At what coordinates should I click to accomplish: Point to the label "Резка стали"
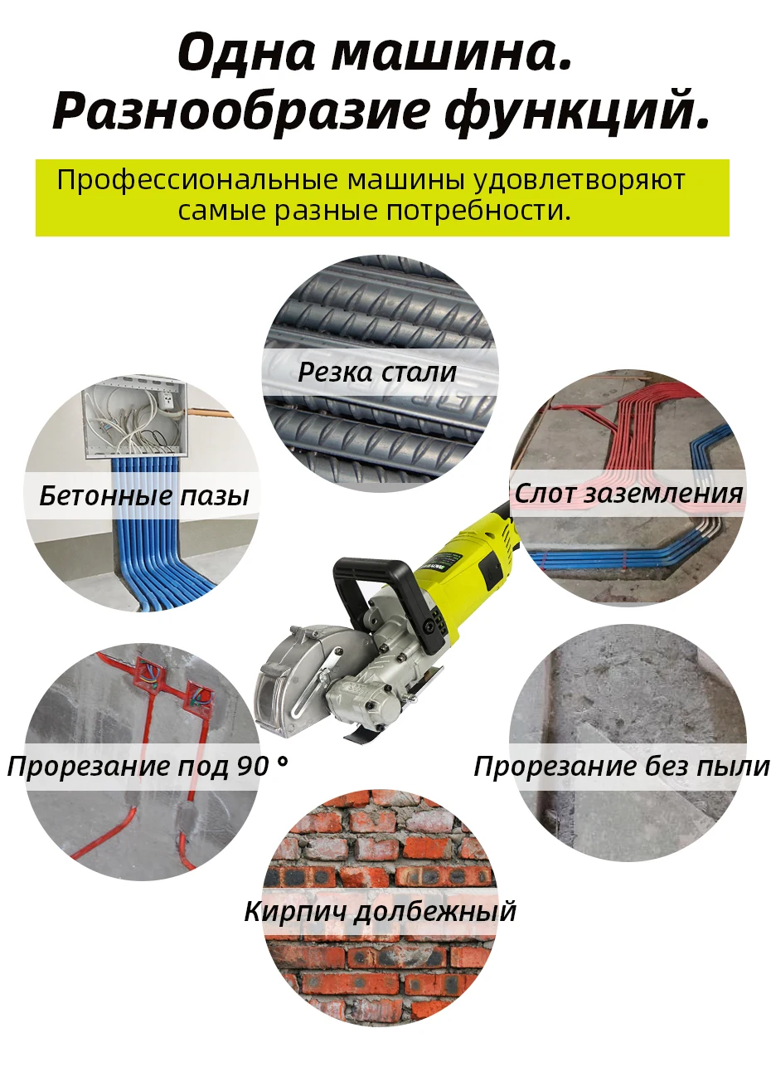tap(377, 372)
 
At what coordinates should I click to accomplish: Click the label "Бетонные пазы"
tap(144, 496)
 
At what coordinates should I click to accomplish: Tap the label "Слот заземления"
tap(628, 494)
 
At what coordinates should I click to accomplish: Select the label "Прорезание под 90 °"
tap(148, 766)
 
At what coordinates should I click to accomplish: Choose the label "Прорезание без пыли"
tap(622, 766)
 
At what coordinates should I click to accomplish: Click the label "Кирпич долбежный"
tap(380, 911)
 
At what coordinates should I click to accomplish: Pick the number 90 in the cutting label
tap(253, 766)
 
